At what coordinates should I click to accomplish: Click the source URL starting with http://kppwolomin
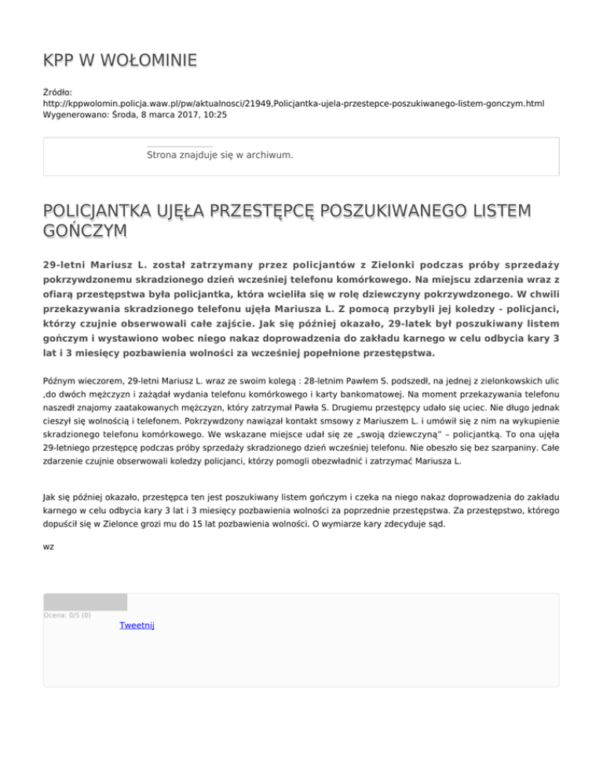[294, 103]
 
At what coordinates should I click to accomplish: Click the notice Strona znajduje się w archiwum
[220, 155]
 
